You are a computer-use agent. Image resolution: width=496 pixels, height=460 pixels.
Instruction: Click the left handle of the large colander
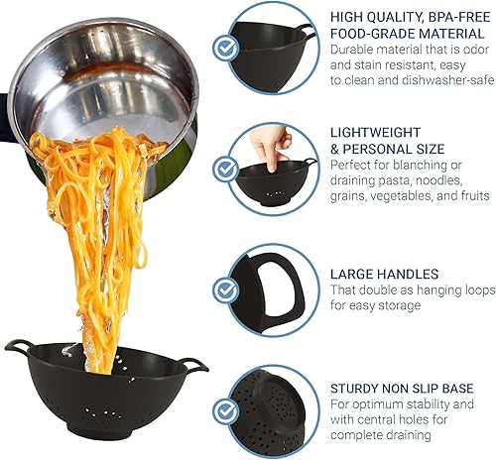tap(17, 347)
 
